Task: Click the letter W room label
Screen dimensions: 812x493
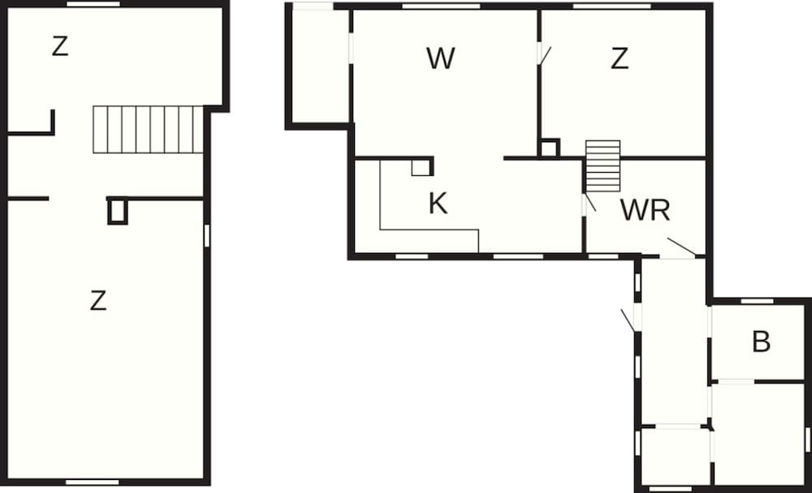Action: pos(441,58)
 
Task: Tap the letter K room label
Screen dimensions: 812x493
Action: pos(438,204)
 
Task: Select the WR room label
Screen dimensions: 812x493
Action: pos(646,209)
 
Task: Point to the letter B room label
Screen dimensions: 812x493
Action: pos(762,342)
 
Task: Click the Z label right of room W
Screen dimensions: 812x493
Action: pos(620,58)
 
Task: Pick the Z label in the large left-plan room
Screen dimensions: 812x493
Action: pos(98,301)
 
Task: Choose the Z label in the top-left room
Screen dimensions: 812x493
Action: pos(60,46)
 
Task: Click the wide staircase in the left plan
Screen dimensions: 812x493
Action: pos(148,129)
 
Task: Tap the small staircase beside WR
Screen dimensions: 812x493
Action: pos(603,166)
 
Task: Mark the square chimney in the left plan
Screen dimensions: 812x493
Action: pos(118,212)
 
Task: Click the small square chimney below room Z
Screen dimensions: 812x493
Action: pos(549,148)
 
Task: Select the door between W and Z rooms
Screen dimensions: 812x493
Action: pos(542,54)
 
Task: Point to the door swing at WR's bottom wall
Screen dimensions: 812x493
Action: pos(681,246)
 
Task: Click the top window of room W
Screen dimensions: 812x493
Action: pos(441,6)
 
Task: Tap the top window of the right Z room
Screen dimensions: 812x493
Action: pos(611,6)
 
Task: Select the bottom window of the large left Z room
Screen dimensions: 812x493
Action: pos(93,482)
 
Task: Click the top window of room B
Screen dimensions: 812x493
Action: pos(757,301)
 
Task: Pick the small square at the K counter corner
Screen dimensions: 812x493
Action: pos(421,168)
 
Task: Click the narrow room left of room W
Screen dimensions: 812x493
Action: pos(321,66)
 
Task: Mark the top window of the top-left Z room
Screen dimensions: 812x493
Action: pos(93,3)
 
